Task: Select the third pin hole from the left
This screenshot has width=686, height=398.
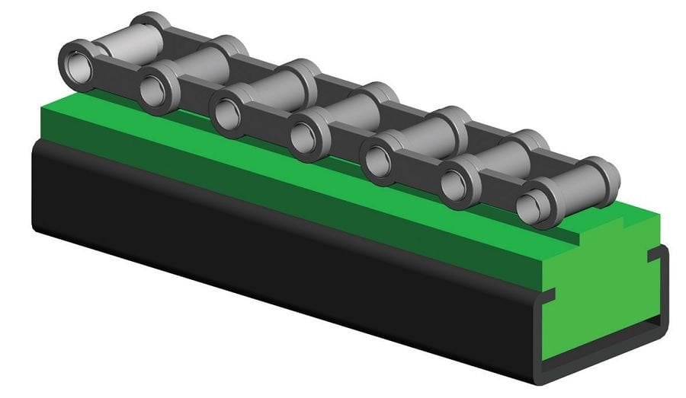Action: (x=226, y=114)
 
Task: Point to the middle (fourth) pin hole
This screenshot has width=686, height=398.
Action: (x=304, y=137)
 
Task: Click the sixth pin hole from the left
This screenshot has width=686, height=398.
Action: (x=455, y=184)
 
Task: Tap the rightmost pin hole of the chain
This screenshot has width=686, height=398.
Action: (x=531, y=205)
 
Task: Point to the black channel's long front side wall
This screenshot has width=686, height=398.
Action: (x=267, y=251)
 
